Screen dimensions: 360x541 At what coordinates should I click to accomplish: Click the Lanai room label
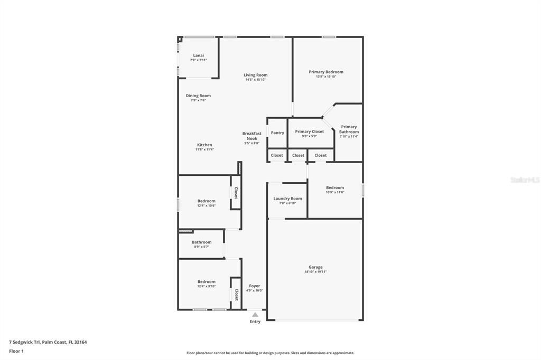pyautogui.click(x=198, y=55)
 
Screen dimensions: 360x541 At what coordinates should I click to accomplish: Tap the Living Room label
pyautogui.click(x=255, y=75)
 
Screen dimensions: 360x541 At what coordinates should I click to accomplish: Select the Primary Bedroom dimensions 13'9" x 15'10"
pyautogui.click(x=326, y=77)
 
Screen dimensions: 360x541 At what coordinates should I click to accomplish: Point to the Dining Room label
pyautogui.click(x=198, y=96)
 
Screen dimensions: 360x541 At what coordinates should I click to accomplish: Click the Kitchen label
pyautogui.click(x=204, y=145)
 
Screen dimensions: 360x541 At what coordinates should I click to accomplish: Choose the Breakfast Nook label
pyautogui.click(x=252, y=136)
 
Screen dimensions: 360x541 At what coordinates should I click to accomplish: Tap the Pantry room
pyautogui.click(x=277, y=133)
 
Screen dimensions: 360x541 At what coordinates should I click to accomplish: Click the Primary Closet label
pyautogui.click(x=310, y=131)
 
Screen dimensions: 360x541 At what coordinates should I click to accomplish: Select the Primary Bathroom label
pyautogui.click(x=349, y=129)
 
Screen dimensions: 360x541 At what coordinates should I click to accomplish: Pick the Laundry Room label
pyautogui.click(x=287, y=198)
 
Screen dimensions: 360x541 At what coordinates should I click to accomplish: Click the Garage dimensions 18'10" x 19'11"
pyautogui.click(x=315, y=272)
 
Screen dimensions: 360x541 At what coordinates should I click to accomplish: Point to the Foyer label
pyautogui.click(x=255, y=286)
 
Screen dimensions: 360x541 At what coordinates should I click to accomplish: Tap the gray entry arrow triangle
pyautogui.click(x=255, y=315)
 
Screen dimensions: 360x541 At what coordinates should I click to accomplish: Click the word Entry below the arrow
pyautogui.click(x=255, y=321)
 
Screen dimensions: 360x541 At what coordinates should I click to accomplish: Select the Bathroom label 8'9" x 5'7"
pyautogui.click(x=201, y=242)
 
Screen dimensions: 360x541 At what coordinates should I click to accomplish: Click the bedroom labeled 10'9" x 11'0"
pyautogui.click(x=335, y=188)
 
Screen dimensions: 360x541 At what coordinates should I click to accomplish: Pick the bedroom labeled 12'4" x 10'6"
pyautogui.click(x=207, y=201)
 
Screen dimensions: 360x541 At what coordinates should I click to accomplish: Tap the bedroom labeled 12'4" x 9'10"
pyautogui.click(x=207, y=282)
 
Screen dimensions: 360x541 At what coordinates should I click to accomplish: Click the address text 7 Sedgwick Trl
pyautogui.click(x=25, y=342)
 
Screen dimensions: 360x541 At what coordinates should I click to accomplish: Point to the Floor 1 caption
pyautogui.click(x=16, y=351)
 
